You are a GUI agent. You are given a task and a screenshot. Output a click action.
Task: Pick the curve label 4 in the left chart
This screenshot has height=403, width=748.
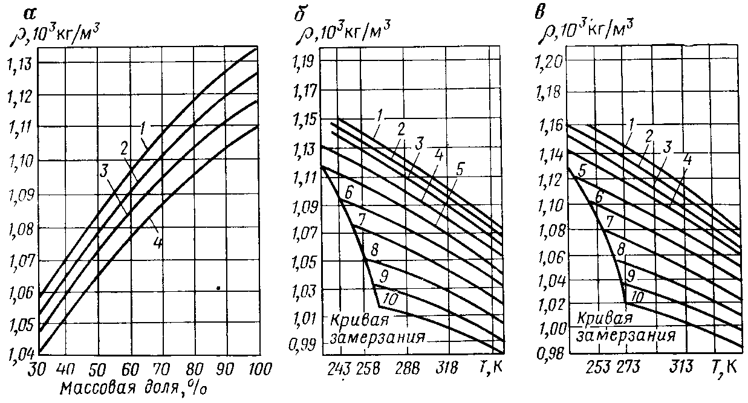click(157, 243)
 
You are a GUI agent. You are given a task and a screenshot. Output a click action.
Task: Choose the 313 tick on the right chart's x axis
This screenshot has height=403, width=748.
click(682, 367)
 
